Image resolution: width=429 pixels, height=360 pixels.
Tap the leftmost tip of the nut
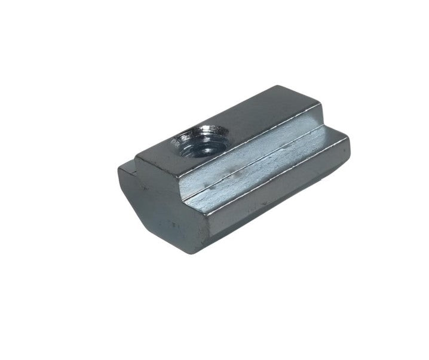[x=118, y=173]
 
